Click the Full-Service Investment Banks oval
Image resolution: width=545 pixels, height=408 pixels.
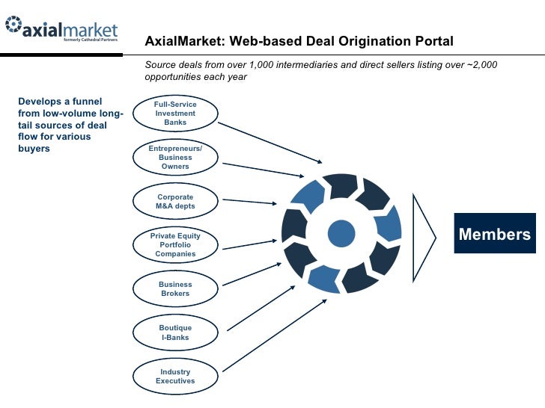(175, 114)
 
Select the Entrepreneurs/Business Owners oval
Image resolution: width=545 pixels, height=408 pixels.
(175, 158)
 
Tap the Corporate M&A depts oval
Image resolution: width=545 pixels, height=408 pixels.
(175, 201)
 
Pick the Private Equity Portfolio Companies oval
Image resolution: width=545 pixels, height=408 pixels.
(175, 245)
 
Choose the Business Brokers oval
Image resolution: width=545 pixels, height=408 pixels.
(175, 288)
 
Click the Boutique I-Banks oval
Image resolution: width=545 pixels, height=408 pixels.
(175, 333)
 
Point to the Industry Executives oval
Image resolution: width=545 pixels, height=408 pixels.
(175, 376)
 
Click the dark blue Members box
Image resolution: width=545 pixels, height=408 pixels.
(494, 235)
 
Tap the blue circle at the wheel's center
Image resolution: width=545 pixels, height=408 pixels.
(341, 233)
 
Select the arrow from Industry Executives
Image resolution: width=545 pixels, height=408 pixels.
(274, 334)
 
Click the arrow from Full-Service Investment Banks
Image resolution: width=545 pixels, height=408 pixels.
(271, 142)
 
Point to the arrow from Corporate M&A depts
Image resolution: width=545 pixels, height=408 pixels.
(252, 201)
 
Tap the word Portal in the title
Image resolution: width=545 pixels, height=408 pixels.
(433, 41)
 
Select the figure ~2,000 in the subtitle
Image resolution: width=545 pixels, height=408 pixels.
(481, 65)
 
